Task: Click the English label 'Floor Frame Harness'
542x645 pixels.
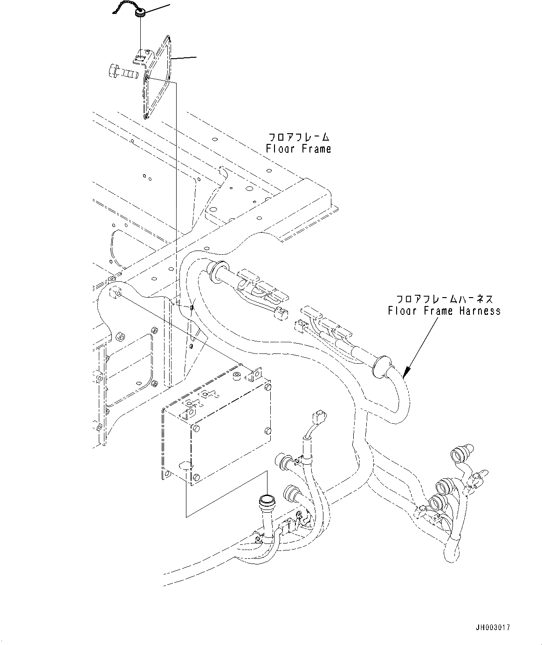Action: point(444,311)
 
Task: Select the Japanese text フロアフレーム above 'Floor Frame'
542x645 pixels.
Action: point(298,137)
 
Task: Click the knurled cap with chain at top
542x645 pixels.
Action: point(139,15)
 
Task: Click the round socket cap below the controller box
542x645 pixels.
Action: point(267,501)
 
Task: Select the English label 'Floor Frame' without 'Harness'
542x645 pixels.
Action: point(298,149)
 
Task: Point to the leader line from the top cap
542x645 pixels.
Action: point(157,9)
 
